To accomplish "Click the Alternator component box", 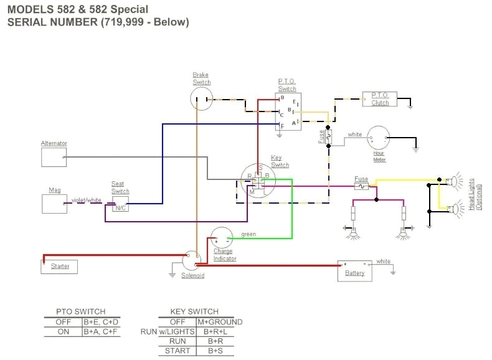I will [x=54, y=157].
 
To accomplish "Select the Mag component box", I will [x=54, y=204].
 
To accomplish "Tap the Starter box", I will [x=60, y=267].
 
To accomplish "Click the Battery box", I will [x=354, y=270].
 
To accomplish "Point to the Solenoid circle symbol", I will [x=192, y=261].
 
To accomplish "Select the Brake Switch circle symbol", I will [x=201, y=98].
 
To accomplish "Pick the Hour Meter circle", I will [x=378, y=137].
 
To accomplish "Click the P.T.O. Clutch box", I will [x=380, y=99].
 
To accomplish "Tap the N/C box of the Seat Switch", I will [x=120, y=207].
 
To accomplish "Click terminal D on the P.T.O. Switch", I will [x=282, y=98].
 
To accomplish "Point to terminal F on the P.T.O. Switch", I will [x=282, y=126].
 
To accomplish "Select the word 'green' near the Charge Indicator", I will [x=248, y=234].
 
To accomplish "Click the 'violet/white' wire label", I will [x=87, y=200].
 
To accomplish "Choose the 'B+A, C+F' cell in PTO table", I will [x=101, y=332].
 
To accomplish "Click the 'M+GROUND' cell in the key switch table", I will [x=219, y=322].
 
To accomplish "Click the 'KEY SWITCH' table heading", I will [x=194, y=311].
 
